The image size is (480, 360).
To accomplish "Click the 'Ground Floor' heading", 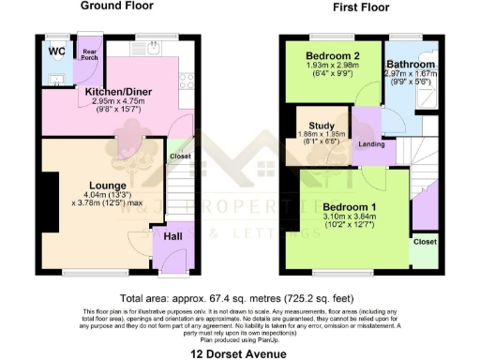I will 117,6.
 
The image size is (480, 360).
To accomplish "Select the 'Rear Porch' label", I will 89,55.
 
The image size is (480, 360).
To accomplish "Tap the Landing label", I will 370,143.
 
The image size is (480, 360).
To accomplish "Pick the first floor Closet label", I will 424,241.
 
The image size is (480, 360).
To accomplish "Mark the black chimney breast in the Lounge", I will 47,203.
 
